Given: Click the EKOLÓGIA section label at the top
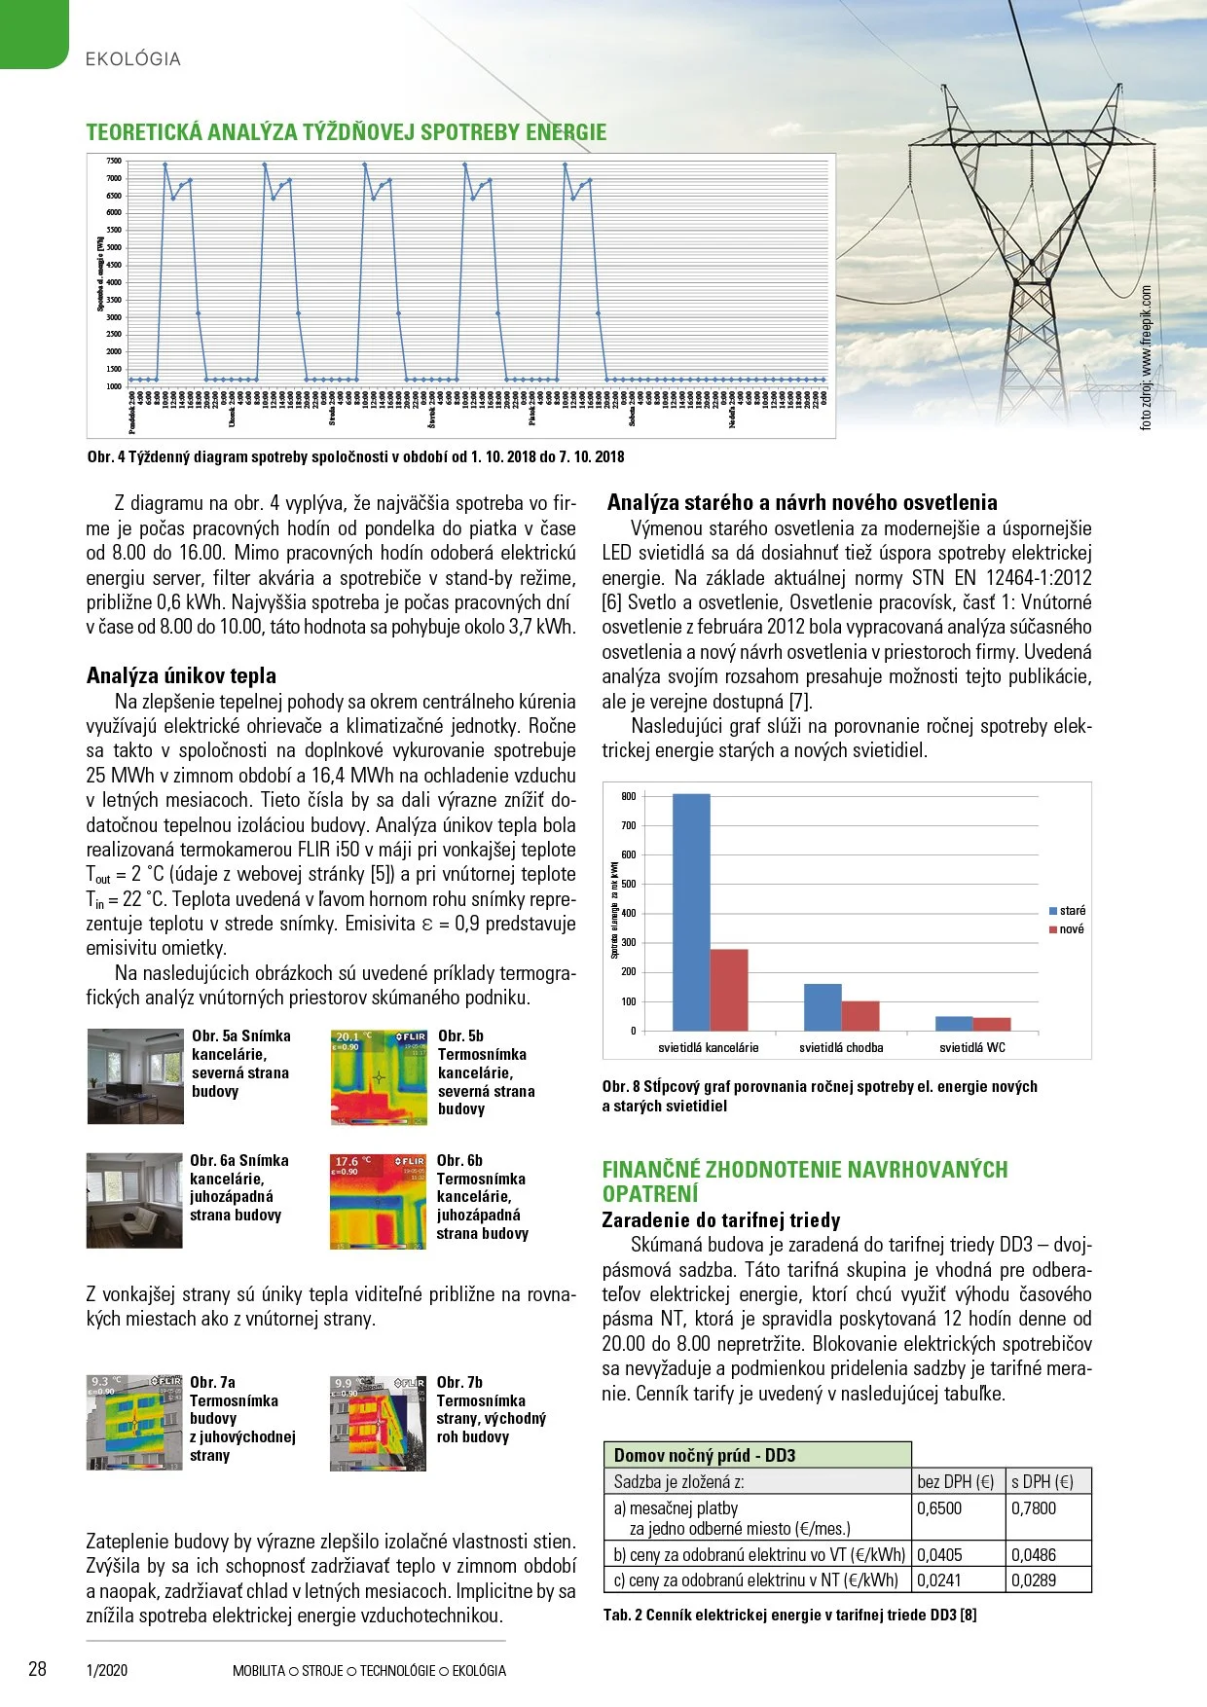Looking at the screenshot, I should [133, 59].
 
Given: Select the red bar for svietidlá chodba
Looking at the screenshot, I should [860, 1015].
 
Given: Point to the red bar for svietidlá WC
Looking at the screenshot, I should [991, 1024].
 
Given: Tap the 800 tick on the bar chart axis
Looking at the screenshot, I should [629, 796].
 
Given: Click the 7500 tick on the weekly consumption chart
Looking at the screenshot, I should [114, 161].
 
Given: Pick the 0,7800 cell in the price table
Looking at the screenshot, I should [1034, 1508].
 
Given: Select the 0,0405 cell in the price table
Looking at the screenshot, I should [939, 1555].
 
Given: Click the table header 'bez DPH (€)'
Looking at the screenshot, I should [956, 1481].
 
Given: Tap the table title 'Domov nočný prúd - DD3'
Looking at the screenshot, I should [705, 1455].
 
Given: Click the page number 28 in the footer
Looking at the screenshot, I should [37, 1669].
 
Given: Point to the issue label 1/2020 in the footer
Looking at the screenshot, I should [107, 1671].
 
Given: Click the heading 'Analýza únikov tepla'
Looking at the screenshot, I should [181, 675].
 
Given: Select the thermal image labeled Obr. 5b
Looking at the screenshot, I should [380, 1077].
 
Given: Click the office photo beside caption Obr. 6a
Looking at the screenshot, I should [134, 1201].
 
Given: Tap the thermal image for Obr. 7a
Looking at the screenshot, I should [134, 1422].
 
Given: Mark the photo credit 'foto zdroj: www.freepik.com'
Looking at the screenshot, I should [1146, 357].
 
